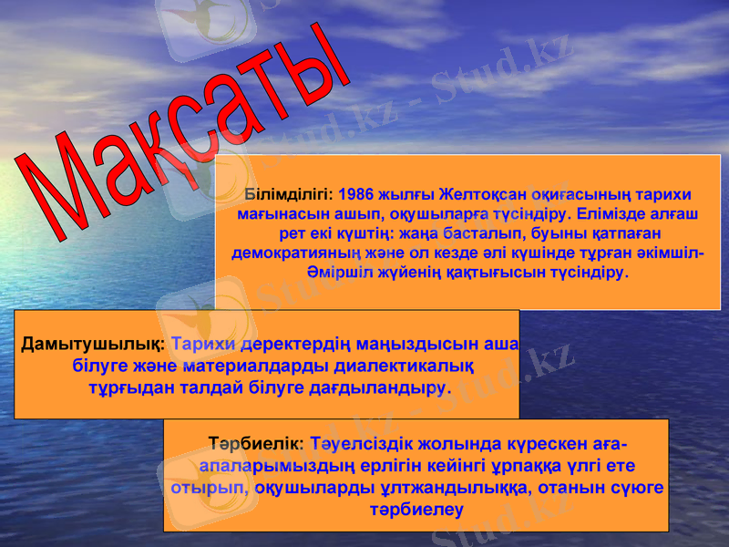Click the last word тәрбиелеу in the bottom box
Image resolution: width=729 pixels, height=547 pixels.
point(416,510)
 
